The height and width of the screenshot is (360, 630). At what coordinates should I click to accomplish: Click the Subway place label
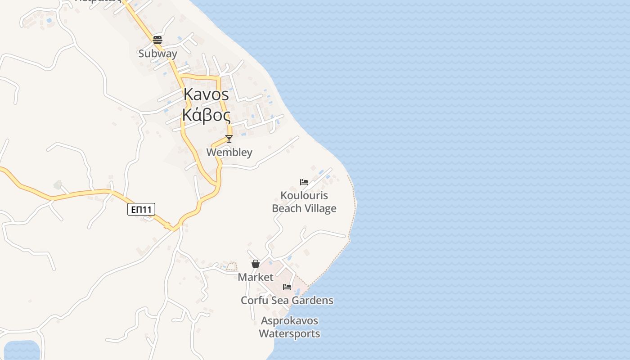(157, 54)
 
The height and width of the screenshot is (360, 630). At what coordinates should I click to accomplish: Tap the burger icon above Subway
(157, 40)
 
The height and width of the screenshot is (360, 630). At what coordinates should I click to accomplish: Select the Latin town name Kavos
(206, 94)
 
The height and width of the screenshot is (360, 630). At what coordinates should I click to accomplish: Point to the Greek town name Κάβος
(206, 115)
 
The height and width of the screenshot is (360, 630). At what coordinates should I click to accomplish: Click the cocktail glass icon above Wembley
(229, 139)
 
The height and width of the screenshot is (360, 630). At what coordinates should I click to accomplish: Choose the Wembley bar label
(229, 152)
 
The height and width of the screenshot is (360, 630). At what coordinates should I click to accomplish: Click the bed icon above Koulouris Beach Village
(304, 182)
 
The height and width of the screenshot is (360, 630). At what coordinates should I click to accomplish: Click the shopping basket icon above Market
(256, 264)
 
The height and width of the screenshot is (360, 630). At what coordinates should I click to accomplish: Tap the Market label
(256, 277)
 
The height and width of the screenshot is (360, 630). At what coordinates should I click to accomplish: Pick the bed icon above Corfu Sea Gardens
(287, 287)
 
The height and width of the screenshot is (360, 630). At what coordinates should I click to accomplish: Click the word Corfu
(254, 300)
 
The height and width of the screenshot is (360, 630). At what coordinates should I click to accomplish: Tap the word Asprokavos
(289, 321)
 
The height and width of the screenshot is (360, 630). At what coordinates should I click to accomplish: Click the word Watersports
(289, 334)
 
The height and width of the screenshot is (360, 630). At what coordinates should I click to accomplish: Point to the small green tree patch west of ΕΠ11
(58, 184)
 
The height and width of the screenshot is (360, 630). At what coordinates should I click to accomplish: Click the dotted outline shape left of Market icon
(231, 266)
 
